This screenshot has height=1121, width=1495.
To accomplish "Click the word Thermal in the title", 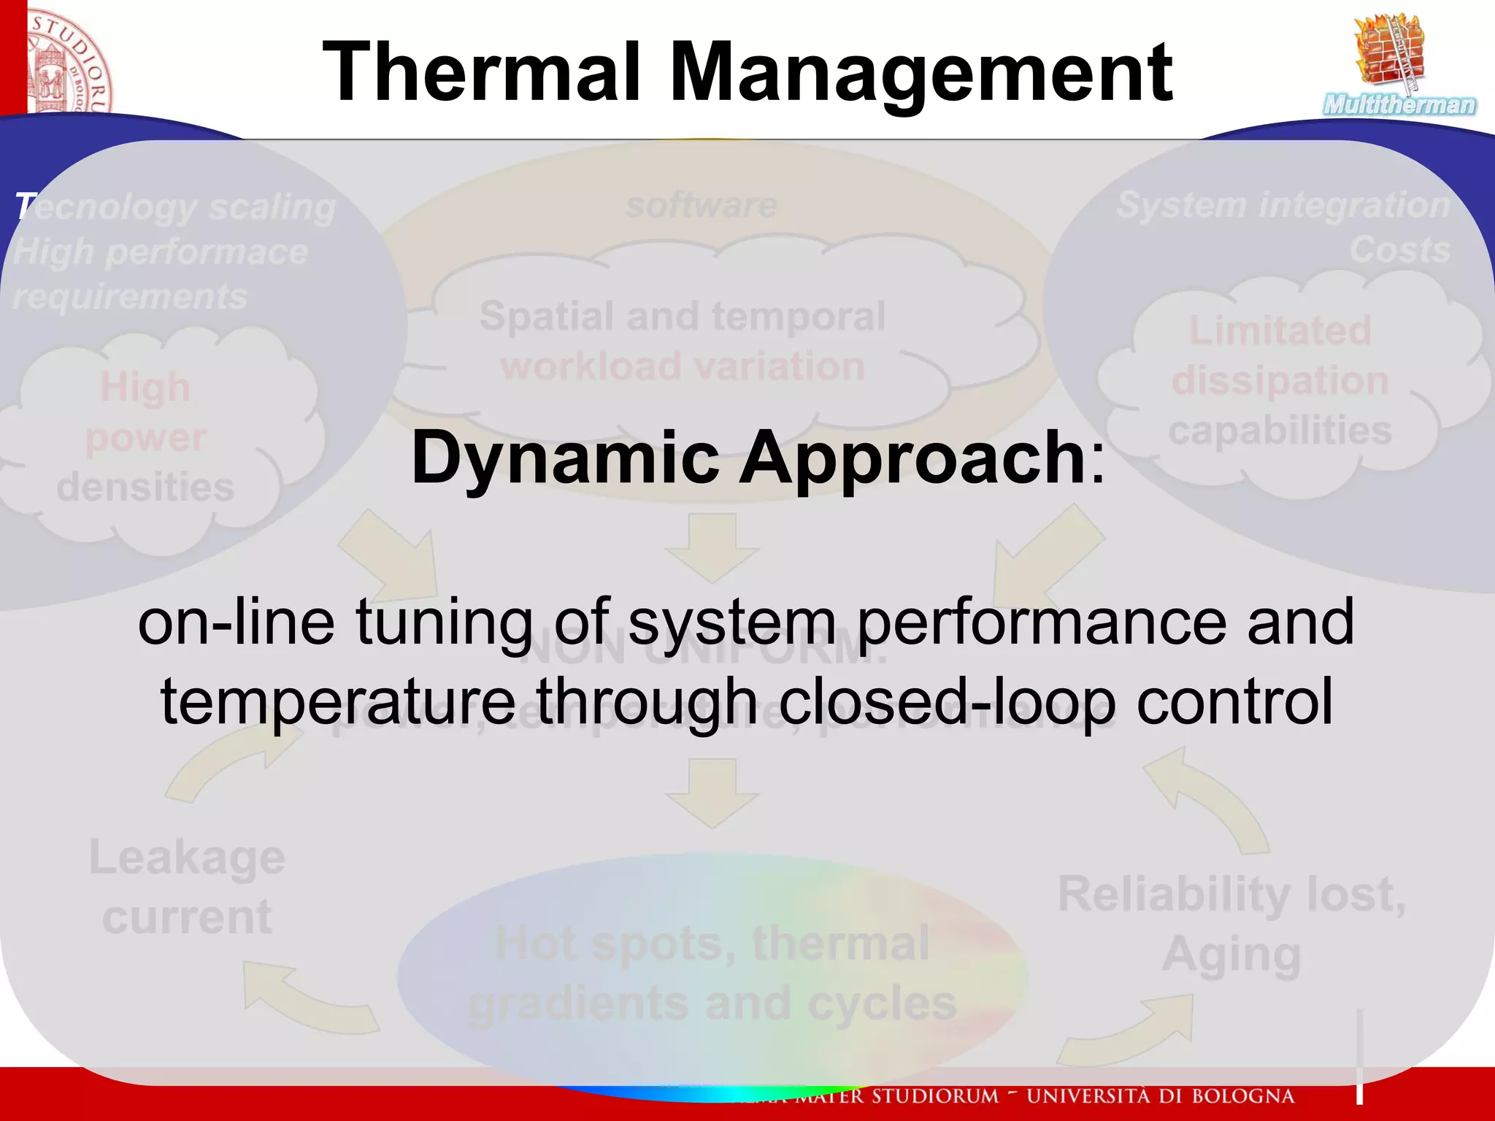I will tap(482, 73).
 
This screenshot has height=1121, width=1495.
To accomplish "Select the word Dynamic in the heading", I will tap(566, 458).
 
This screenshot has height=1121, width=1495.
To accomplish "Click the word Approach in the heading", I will tap(912, 458).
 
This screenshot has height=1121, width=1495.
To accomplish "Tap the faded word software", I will tap(701, 205).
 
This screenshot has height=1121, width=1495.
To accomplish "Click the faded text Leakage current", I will tap(187, 887).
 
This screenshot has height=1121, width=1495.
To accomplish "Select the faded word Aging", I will tap(1231, 955).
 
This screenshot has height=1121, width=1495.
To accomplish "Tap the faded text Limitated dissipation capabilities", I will tap(1280, 381).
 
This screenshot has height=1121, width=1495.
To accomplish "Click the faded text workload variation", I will tap(683, 366).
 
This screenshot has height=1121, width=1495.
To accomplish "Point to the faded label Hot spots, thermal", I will tap(712, 944).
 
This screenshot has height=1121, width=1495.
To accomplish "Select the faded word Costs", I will tap(1399, 250).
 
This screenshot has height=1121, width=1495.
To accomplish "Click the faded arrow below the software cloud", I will tap(712, 547).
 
